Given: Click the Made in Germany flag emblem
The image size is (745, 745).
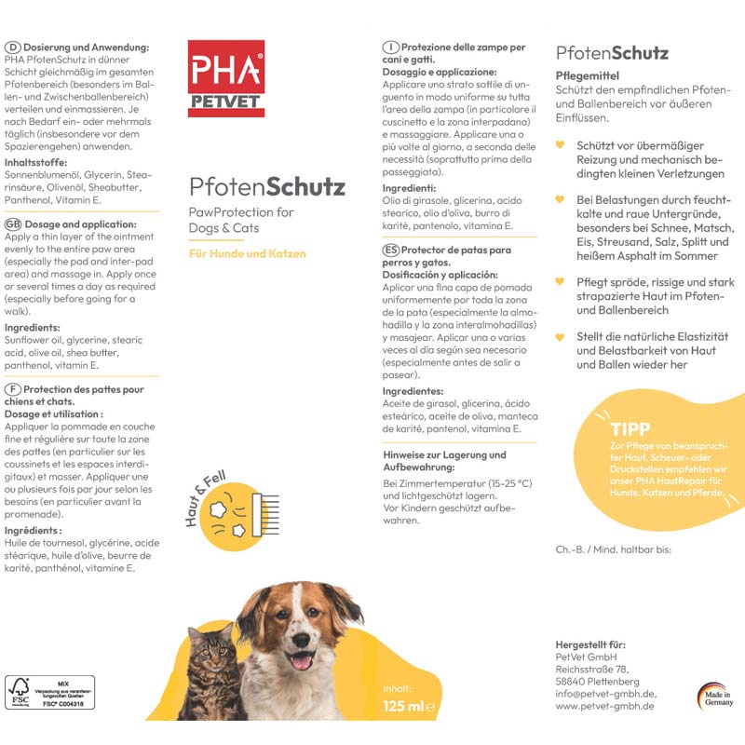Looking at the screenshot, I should [716, 696].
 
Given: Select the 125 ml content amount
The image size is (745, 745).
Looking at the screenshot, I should [402, 707].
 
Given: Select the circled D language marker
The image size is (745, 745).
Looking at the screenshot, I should [13, 47].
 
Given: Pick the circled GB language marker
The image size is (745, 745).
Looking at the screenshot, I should [13, 225].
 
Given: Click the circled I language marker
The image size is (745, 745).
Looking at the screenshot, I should [392, 47].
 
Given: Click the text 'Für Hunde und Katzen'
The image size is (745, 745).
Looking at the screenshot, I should [247, 253].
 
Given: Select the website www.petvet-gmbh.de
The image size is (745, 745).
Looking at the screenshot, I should [606, 706].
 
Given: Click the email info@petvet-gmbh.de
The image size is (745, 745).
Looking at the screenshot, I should [606, 693].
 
